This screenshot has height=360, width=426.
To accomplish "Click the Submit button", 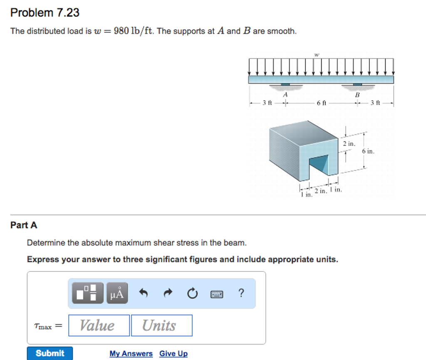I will point(50,353).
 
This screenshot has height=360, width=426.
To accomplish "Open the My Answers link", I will point(131,353).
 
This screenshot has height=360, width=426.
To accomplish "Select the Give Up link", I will point(173,353).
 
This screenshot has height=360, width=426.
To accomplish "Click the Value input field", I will point(99,325).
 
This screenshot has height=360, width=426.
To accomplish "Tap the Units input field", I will point(161,325).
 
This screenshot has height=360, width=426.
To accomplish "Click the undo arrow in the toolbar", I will point(144,293).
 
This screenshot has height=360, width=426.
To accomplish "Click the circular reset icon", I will point(192,294).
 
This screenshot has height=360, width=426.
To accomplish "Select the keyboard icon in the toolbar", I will point(216,294).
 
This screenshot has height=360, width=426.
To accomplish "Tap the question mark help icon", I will point(241,293).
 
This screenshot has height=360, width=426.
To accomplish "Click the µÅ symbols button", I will point(117,293).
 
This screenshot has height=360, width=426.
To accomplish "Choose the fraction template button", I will point(87,293).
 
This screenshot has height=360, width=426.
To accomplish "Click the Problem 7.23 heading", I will point(45,13).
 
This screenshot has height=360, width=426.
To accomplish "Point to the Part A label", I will point(24,225).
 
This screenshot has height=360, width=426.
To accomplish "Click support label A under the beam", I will point(285,95).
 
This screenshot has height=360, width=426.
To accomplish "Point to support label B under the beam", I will point(357,95).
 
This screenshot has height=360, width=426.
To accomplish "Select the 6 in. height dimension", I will point(368,151).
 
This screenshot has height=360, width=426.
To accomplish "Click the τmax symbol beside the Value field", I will point(43,326).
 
